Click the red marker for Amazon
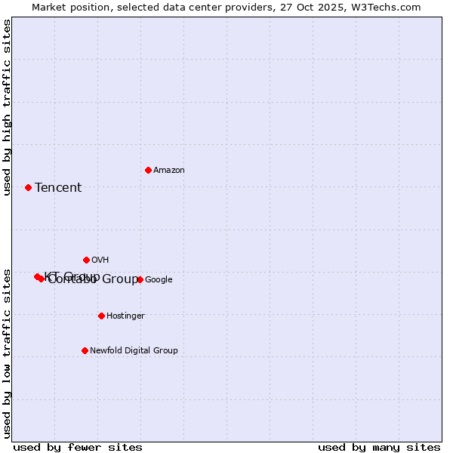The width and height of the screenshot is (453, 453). (x=148, y=170)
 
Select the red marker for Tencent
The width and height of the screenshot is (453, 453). (x=29, y=187)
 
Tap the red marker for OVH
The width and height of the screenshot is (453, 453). (x=86, y=260)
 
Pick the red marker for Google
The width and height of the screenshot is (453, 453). (x=140, y=279)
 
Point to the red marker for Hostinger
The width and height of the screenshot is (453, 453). (x=101, y=316)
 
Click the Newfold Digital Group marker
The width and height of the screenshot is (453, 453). (x=85, y=350)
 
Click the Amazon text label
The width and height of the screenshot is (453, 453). (x=169, y=171)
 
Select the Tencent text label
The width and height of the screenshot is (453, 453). (x=58, y=188)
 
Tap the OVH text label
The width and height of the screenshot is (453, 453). (x=100, y=260)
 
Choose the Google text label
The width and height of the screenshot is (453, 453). (x=159, y=280)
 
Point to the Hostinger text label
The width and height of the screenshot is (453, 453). (x=125, y=316)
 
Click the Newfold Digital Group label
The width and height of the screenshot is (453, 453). (x=134, y=351)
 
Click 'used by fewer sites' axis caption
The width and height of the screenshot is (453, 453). (x=78, y=447)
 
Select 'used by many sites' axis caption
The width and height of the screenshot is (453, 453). (x=379, y=447)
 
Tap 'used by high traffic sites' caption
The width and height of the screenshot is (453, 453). (x=7, y=107)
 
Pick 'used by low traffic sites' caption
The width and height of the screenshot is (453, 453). (x=7, y=353)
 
